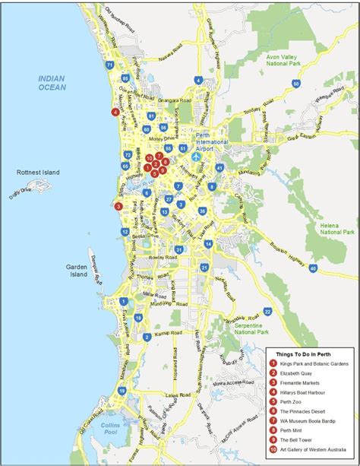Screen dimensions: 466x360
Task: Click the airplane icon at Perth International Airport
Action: (x=196, y=157)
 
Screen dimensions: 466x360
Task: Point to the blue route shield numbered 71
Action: (x=110, y=65)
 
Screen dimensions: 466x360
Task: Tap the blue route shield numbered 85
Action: (x=125, y=78)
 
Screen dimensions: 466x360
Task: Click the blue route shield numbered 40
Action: (x=313, y=268)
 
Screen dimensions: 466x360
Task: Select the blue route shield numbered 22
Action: (x=267, y=311)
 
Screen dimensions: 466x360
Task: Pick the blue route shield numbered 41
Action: (x=219, y=167)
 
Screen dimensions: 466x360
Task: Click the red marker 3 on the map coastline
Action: (x=118, y=206)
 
